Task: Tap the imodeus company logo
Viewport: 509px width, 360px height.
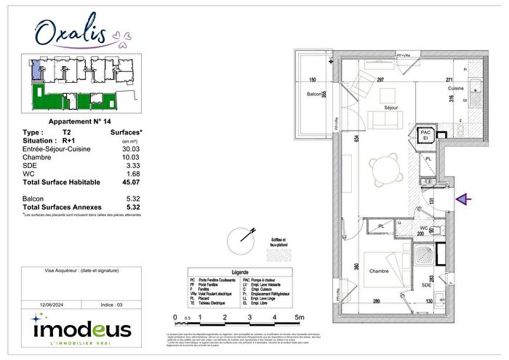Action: (x=81, y=329)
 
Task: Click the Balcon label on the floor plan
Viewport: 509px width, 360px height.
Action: (x=313, y=94)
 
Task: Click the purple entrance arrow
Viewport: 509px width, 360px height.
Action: (x=462, y=198)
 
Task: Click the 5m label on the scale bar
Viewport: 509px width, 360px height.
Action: (x=300, y=318)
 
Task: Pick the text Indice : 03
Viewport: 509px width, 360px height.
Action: (x=108, y=305)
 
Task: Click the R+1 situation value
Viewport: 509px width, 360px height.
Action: (x=69, y=140)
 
